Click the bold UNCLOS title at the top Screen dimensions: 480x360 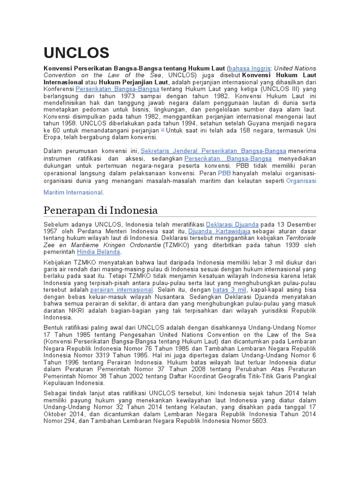(x=76, y=52)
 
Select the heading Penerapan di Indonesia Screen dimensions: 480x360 (x=100, y=210)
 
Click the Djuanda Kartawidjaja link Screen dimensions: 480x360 (x=219, y=232)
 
